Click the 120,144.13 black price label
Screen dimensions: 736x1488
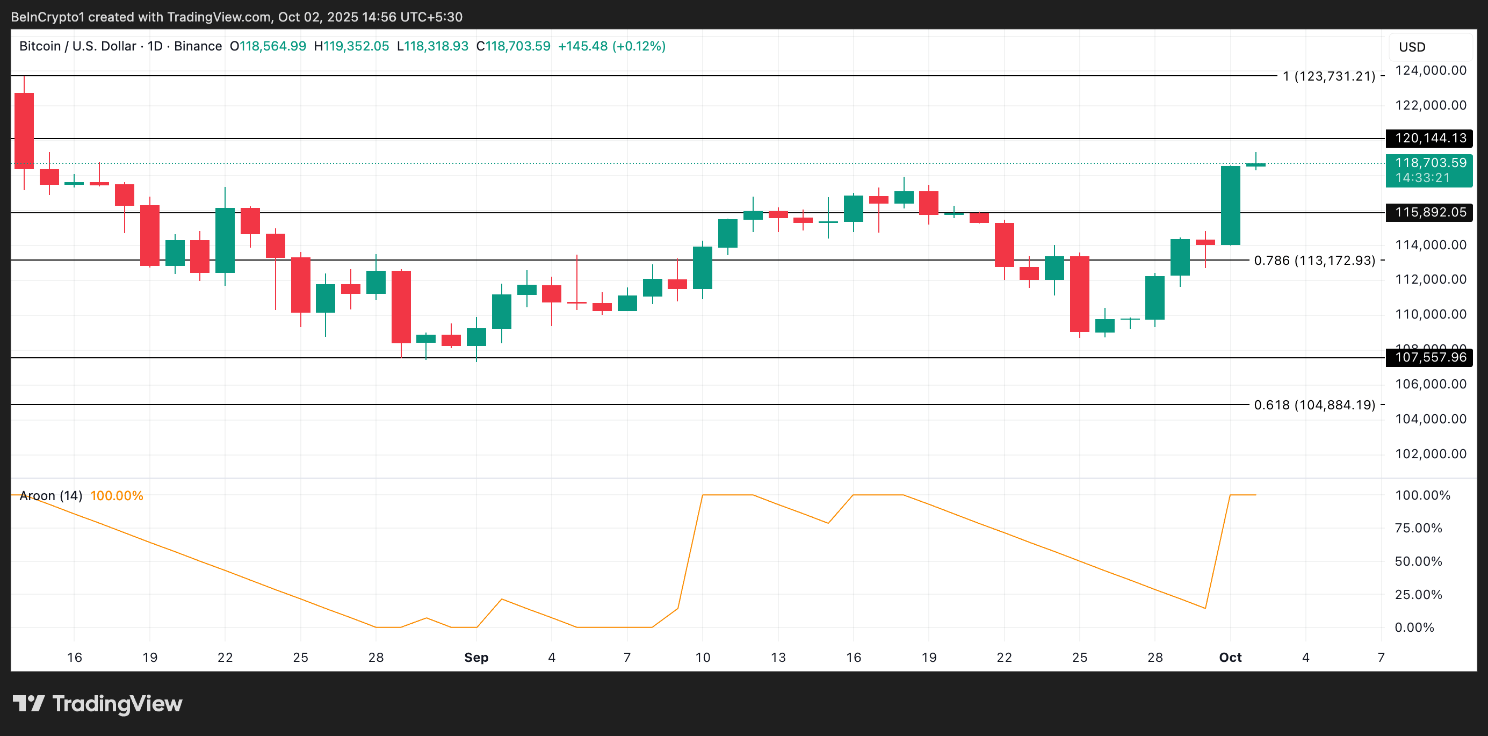1429,138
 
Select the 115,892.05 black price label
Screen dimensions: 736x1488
1429,213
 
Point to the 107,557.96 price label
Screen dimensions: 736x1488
1429,358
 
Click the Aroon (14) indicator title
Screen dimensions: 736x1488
51,496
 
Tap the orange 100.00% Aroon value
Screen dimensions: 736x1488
117,496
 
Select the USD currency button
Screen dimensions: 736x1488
1412,47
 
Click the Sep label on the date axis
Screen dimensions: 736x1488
476,658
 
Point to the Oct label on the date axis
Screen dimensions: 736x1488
1230,658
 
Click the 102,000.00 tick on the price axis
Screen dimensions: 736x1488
1430,454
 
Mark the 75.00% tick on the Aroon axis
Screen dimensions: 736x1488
1418,528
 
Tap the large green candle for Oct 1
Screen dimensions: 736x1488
1230,205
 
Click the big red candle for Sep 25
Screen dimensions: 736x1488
1079,293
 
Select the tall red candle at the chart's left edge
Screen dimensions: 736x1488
24,131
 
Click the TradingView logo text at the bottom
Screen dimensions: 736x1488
117,704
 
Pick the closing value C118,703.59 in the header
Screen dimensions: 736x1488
513,46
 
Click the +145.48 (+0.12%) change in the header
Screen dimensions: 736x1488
612,46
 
